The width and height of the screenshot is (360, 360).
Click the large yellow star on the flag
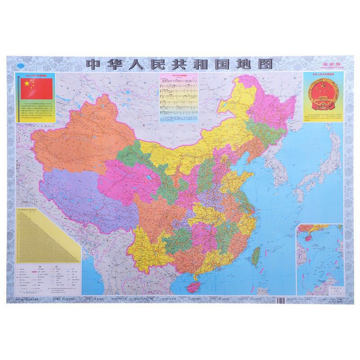[x=27, y=84]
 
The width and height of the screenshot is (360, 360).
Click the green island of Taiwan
[x=255, y=254]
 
